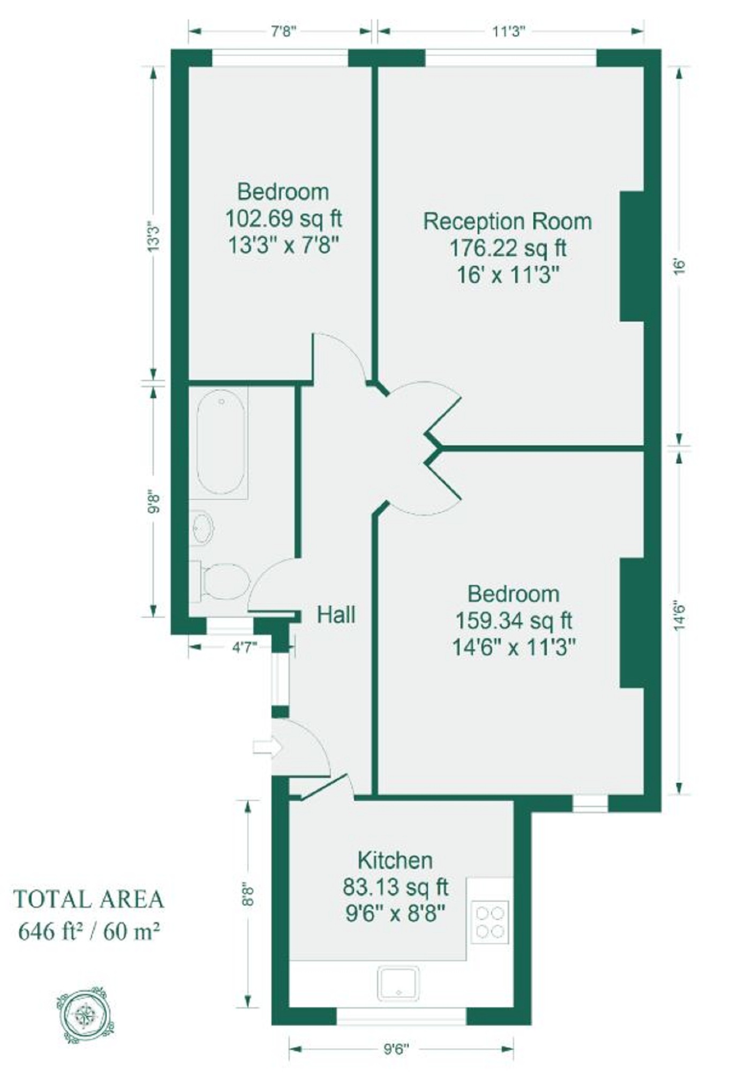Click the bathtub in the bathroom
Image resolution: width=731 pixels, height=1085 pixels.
tap(221, 442)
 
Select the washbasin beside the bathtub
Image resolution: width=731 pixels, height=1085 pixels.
tap(202, 527)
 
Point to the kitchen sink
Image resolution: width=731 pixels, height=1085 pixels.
tap(398, 983)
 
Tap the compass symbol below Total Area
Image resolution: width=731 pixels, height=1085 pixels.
tap(85, 1015)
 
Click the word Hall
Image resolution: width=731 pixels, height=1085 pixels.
tap(336, 615)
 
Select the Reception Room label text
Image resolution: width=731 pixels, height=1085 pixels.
tap(507, 221)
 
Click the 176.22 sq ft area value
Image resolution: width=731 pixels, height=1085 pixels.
tap(507, 248)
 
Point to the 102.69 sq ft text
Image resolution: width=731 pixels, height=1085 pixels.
tap(283, 219)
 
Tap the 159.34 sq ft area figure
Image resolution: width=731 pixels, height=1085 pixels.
tap(514, 621)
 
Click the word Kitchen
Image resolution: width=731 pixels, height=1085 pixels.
tap(395, 860)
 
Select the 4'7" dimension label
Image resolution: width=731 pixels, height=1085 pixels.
tap(244, 648)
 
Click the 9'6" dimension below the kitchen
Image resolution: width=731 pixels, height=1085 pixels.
tap(396, 1049)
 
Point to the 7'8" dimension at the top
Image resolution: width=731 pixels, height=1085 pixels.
tap(283, 31)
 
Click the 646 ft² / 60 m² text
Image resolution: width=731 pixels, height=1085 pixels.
tap(89, 932)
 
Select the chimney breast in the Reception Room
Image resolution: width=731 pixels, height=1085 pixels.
tap(632, 256)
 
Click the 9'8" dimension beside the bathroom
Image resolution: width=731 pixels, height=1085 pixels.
tap(154, 503)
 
